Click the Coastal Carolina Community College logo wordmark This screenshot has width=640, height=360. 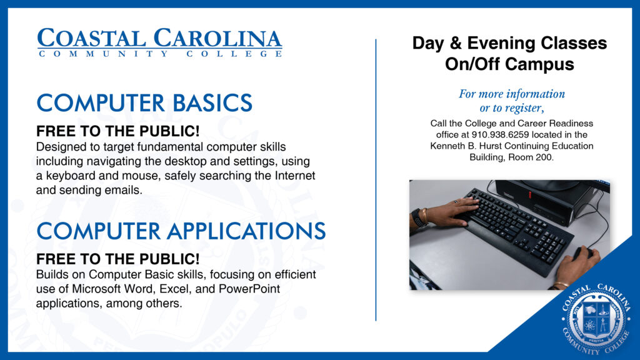tap(159, 42)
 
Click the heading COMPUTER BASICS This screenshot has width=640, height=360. tap(144, 103)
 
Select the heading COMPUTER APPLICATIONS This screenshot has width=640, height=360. tap(181, 231)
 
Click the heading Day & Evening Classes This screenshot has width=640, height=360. tap(509, 44)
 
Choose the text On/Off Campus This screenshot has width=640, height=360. tap(509, 64)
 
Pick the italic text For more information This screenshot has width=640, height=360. tap(511, 94)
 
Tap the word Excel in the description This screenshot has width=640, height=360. tap(196, 289)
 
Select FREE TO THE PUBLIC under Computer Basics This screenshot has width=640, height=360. tap(118, 132)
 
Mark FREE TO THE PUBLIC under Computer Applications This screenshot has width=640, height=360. tap(118, 259)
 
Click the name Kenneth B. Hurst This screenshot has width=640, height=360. tap(469, 146)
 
